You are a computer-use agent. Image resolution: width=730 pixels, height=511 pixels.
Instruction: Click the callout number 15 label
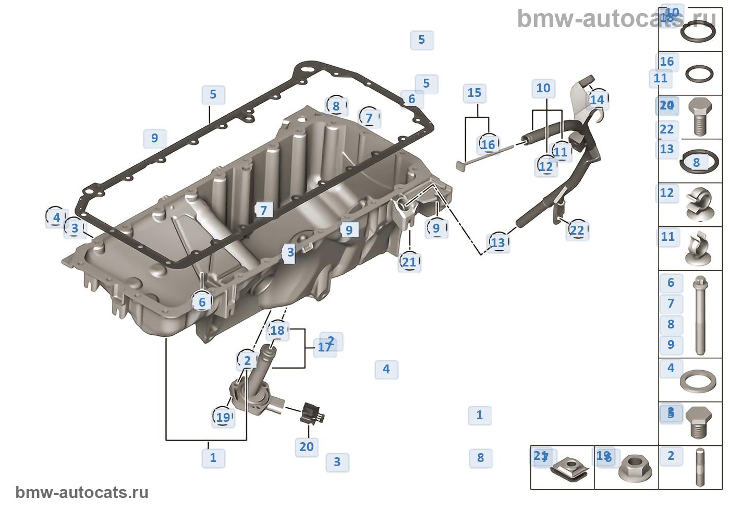click(x=474, y=93)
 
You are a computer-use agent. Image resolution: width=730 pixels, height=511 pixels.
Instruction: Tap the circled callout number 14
click(x=597, y=100)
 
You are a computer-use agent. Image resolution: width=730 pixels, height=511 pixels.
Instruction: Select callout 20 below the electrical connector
click(x=307, y=446)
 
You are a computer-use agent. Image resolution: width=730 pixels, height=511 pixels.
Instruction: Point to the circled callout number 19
click(x=223, y=417)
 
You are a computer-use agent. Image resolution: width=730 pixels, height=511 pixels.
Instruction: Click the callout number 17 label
click(x=324, y=347)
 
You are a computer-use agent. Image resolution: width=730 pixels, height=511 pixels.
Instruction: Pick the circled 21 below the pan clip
click(x=409, y=261)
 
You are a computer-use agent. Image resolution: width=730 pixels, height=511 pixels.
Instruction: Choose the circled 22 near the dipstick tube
click(x=577, y=230)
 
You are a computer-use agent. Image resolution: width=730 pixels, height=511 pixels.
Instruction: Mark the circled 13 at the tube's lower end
click(x=498, y=242)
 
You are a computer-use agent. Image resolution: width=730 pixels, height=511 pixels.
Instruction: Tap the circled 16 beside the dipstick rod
click(x=488, y=144)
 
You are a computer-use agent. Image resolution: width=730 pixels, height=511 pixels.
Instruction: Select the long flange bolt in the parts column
click(x=700, y=315)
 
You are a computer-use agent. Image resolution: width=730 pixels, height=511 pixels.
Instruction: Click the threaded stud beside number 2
click(x=700, y=467)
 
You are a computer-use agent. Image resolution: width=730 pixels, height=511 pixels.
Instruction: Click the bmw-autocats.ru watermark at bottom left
click(x=82, y=493)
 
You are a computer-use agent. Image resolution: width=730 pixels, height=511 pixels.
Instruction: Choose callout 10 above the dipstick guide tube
click(x=543, y=88)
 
